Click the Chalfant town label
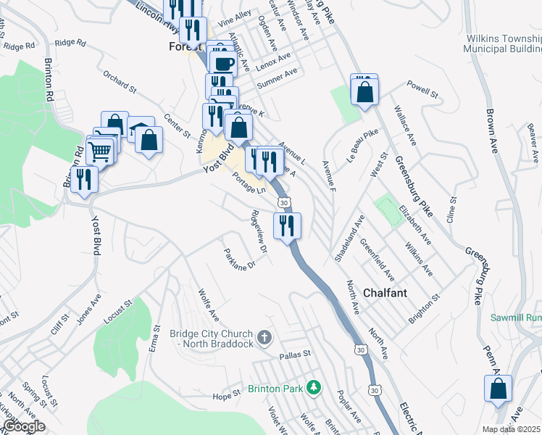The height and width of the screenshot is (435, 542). (x=385, y=293)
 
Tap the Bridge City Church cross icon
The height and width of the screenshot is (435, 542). (x=265, y=337)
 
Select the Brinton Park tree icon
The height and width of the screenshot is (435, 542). (x=313, y=388)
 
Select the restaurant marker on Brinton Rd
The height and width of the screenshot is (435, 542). (x=84, y=179)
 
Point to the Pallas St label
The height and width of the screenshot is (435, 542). (x=294, y=355)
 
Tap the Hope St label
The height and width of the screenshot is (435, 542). (x=226, y=395)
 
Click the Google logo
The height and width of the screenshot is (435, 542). (x=23, y=426)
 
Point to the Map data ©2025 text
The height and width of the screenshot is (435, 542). (x=511, y=429)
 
